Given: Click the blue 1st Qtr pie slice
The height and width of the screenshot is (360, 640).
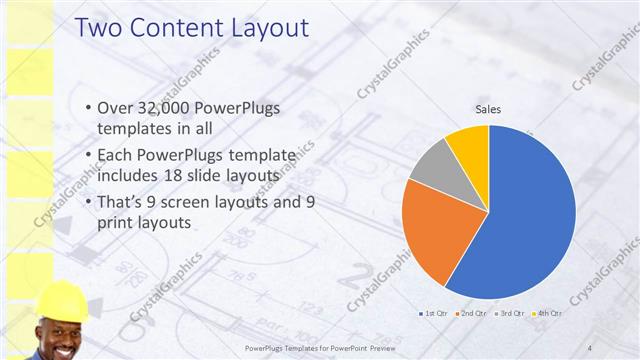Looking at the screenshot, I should (x=530, y=215).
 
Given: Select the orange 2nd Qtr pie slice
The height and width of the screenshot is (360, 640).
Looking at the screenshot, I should (x=435, y=235).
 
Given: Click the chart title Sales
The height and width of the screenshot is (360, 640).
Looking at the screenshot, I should (x=488, y=109).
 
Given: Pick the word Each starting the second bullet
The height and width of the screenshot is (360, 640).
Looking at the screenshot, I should (x=115, y=155).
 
